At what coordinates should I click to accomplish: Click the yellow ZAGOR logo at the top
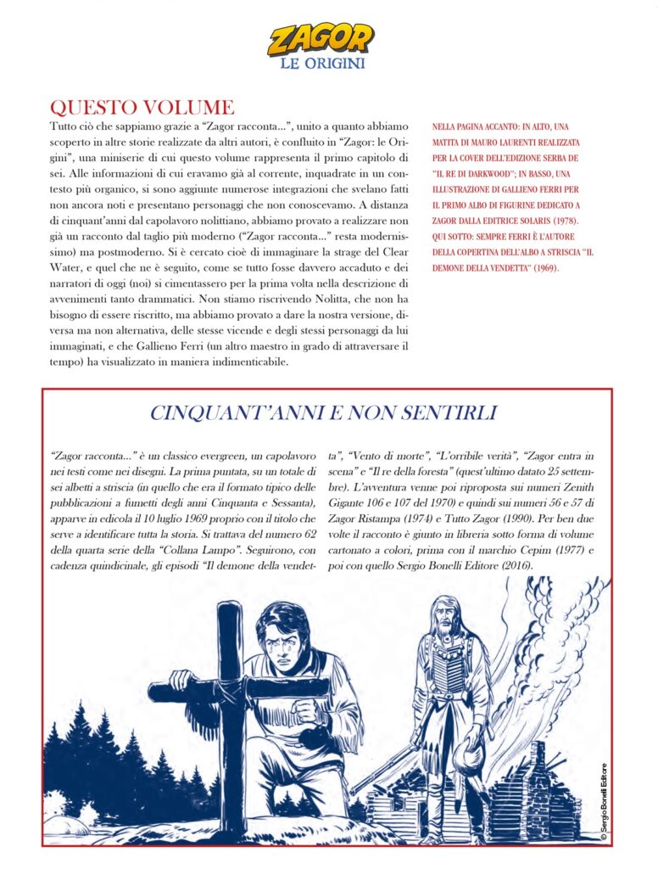coord(320,38)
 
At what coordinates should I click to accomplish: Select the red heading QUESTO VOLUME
coord(142,107)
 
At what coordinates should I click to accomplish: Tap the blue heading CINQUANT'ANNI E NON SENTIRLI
coord(322,413)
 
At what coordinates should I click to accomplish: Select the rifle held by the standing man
coord(382,772)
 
